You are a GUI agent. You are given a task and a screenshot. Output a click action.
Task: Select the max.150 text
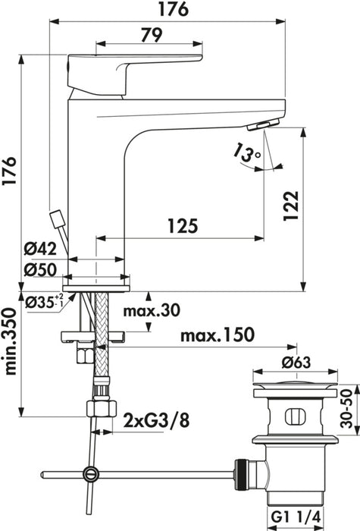(x=217, y=335)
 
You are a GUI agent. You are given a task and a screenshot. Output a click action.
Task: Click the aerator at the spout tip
(x=265, y=125)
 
